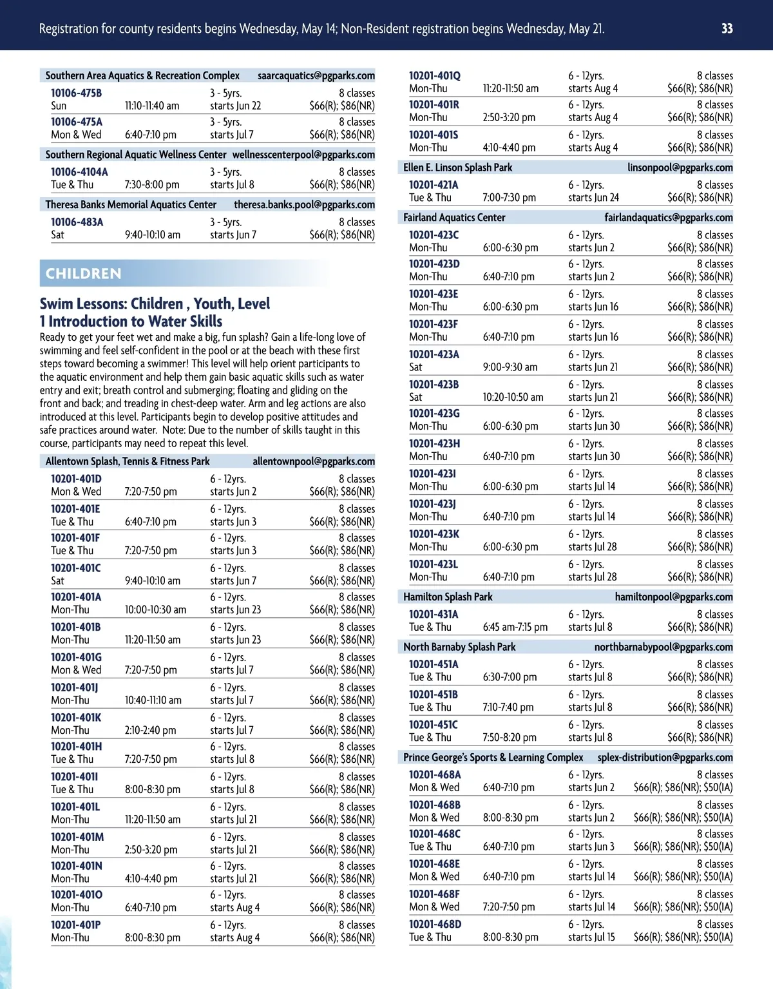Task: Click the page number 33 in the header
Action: (x=727, y=28)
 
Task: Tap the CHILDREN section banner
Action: (x=84, y=273)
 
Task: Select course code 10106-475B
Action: (x=76, y=93)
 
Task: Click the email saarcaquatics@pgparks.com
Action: (x=316, y=75)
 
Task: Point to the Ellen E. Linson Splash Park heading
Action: (x=457, y=168)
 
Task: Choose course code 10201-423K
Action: (x=434, y=534)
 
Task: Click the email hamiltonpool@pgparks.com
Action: (x=673, y=597)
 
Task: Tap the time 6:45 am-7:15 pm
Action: (x=515, y=627)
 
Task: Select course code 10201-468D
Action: (x=435, y=924)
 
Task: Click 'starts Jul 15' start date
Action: (x=591, y=937)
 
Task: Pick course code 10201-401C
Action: (x=75, y=568)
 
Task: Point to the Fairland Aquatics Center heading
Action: (x=454, y=217)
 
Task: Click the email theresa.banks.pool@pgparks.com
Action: (x=304, y=204)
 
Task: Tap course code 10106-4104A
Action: (x=79, y=172)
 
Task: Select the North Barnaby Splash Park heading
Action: (x=459, y=647)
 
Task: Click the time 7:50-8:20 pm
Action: (x=510, y=737)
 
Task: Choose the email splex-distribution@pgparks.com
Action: (x=665, y=757)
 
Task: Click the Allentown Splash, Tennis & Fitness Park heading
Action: (x=128, y=461)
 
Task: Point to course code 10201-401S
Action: (x=434, y=135)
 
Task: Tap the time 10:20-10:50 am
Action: (x=513, y=397)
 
